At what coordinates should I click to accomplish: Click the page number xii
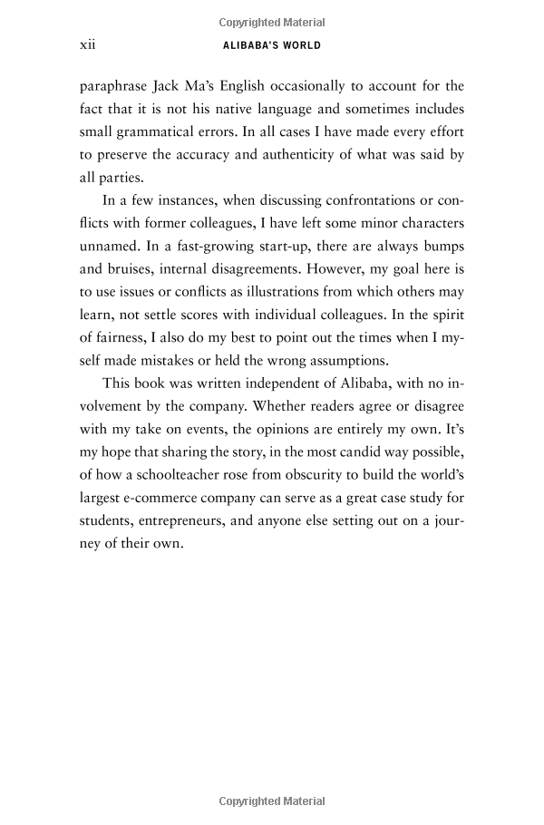coord(89,44)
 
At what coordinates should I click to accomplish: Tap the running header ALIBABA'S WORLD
coord(272,45)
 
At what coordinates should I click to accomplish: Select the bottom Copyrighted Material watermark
coord(272,801)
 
